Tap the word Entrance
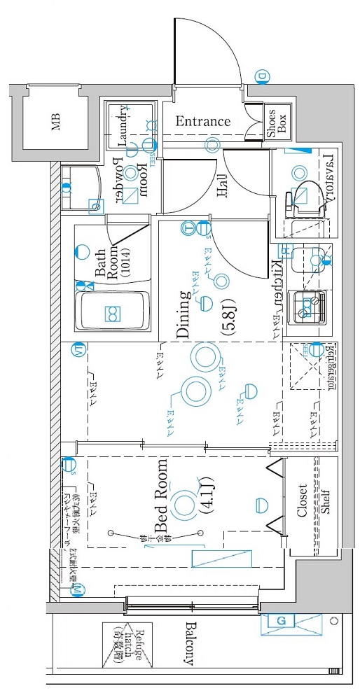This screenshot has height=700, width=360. coord(202,121)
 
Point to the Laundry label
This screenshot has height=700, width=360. coord(123,126)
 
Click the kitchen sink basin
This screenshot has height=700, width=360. coord(307,257)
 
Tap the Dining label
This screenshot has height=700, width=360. coord(183,314)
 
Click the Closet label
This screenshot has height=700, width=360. coord(302,500)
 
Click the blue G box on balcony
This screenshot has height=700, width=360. coord(282,621)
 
